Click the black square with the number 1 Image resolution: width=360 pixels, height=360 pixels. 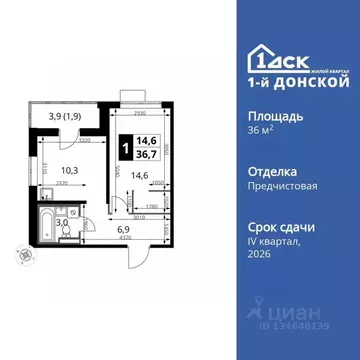(124, 147)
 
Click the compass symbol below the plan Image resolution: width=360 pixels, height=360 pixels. (16, 257)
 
